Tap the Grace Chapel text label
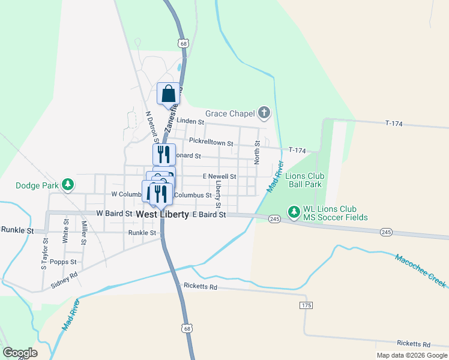(231, 113)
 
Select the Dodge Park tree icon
(69, 185)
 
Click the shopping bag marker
(169, 94)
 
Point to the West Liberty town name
(162, 214)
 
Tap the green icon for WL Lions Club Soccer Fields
(294, 212)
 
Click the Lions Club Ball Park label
(306, 181)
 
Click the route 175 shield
(306, 305)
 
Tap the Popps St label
(63, 262)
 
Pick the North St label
(258, 152)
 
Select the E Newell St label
(219, 176)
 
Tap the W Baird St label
(114, 214)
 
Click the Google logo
(20, 353)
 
